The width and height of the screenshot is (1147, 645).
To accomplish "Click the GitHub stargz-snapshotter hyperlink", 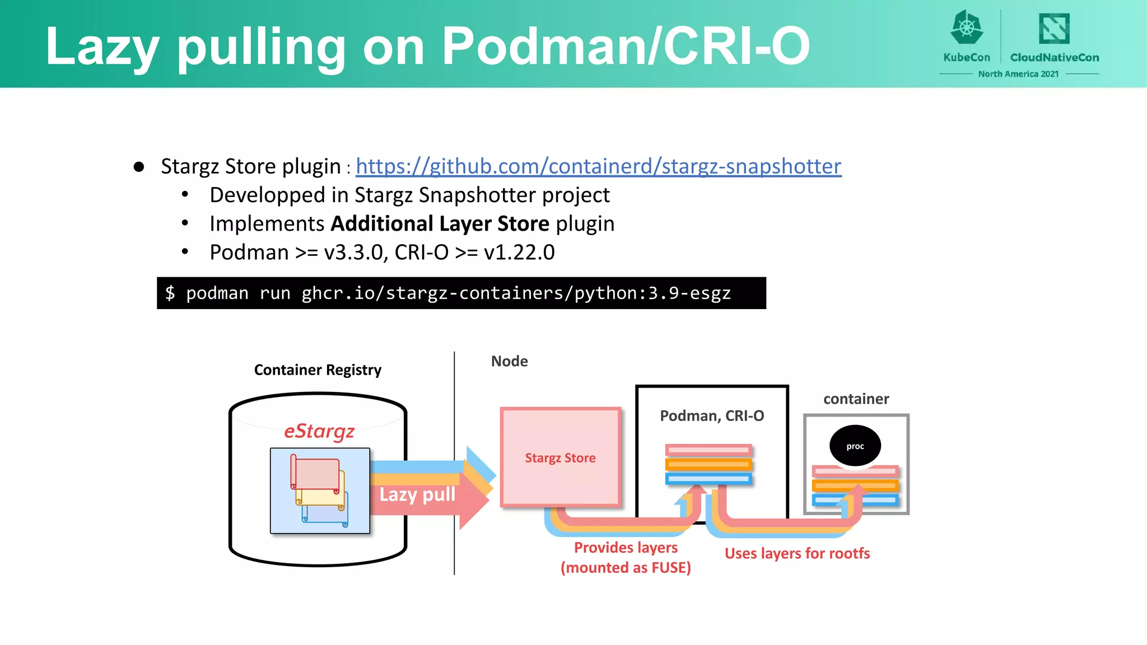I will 598,166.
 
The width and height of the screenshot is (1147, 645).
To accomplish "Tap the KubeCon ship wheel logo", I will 967,27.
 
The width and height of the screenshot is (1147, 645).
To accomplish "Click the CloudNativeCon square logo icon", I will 1054,28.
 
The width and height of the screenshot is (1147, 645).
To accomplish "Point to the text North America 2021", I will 1018,74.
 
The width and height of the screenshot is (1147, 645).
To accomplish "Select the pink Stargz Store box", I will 560,457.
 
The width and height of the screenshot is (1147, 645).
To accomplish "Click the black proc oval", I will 855,446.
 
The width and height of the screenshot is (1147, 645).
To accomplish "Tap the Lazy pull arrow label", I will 417,494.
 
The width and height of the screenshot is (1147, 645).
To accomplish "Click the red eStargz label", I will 319,431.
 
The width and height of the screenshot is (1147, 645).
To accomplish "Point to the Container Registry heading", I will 318,370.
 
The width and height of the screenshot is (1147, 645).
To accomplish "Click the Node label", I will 509,361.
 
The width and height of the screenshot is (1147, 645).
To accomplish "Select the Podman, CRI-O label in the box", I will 711,415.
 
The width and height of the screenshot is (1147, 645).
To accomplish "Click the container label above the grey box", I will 856,399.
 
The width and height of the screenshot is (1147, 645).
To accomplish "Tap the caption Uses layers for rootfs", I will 797,553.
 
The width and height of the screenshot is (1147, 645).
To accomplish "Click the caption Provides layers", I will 626,547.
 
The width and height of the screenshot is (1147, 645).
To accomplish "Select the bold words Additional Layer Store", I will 440,223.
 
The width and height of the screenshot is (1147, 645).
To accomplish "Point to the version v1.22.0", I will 519,253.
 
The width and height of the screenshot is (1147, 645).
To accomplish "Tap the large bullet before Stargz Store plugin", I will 139,167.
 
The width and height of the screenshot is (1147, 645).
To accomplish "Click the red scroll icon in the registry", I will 315,473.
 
